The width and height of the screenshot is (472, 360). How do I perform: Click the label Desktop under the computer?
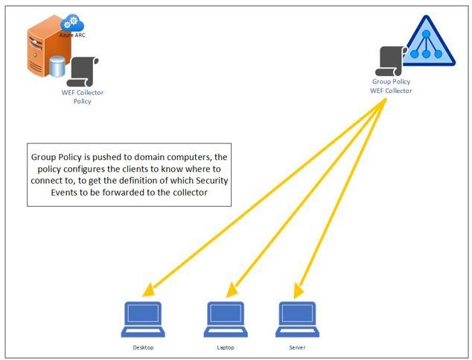click(143, 347)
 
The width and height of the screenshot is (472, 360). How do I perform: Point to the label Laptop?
click(226, 347)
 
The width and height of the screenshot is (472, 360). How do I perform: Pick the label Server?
click(298, 347)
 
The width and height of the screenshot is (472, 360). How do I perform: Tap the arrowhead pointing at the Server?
click(299, 289)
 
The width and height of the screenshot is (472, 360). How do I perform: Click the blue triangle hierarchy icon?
click(431, 43)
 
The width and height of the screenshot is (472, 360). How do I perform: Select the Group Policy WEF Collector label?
click(391, 86)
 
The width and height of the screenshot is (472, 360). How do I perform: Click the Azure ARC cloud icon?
click(74, 24)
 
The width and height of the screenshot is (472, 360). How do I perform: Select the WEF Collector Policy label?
click(82, 97)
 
